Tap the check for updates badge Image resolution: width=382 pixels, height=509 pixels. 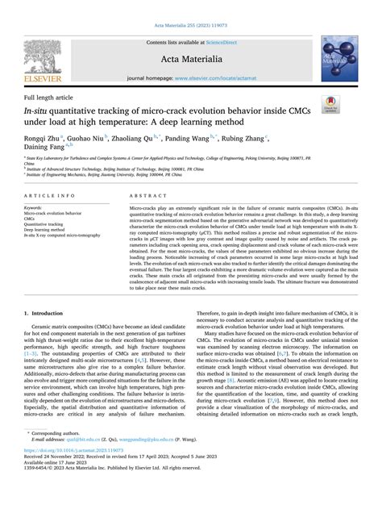coord(330,103)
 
